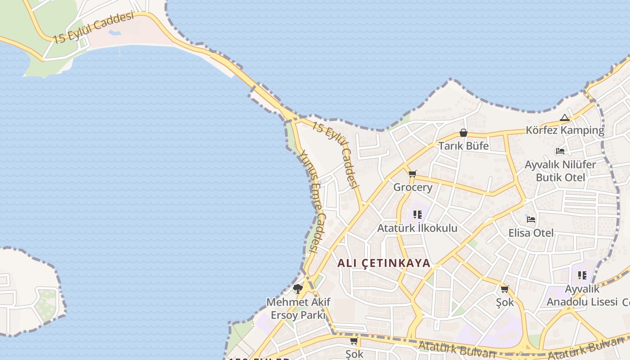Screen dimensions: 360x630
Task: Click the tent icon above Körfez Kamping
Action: click(565, 118)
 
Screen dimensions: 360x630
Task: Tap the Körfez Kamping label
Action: click(565, 130)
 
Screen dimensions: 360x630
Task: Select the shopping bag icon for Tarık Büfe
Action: click(463, 133)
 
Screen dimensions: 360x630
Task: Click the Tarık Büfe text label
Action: click(463, 146)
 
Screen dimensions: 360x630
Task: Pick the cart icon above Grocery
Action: click(412, 174)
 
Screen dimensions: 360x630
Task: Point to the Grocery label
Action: click(413, 187)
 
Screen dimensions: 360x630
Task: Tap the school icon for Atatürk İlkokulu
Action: click(417, 215)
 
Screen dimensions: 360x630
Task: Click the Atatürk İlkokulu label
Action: click(417, 228)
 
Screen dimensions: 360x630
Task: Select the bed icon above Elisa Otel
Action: click(531, 220)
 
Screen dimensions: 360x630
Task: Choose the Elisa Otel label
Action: click(531, 233)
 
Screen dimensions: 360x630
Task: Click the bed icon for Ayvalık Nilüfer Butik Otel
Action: click(560, 151)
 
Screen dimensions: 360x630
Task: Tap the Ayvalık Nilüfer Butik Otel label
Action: click(560, 171)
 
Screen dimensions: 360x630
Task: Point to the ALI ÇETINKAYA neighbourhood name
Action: click(384, 263)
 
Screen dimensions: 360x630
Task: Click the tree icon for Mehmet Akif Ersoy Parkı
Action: click(297, 288)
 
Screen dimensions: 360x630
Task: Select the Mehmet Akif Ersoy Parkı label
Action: click(298, 308)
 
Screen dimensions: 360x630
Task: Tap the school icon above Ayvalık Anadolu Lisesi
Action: click(582, 275)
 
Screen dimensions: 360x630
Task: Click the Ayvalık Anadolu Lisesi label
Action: click(581, 295)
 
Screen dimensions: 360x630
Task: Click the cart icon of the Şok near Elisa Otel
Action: click(504, 289)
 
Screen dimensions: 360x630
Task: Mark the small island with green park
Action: click(29, 292)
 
